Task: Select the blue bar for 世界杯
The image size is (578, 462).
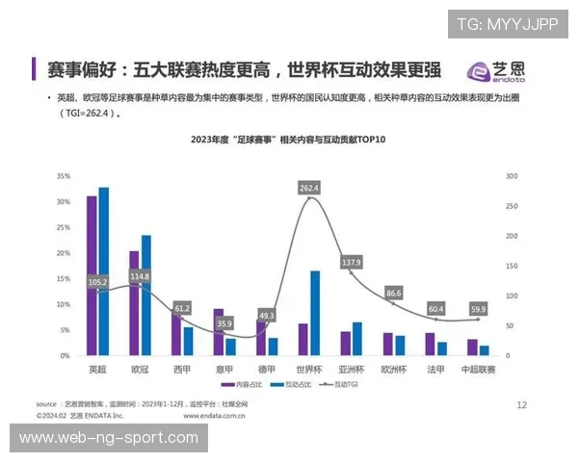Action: pos(315,313)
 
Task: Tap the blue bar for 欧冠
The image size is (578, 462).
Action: pos(146,295)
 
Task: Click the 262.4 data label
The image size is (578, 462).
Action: pos(309,188)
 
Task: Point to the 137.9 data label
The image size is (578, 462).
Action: pos(352,263)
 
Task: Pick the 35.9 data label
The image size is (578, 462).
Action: pos(224,324)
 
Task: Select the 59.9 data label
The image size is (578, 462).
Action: pos(479,309)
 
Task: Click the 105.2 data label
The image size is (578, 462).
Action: pos(97,282)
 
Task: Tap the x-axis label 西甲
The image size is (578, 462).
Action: pos(182,370)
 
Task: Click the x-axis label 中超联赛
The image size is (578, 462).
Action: pos(479,370)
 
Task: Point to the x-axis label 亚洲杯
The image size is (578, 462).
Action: pos(351,370)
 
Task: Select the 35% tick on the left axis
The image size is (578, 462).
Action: pos(64,177)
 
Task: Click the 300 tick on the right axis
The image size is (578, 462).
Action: pos(512,177)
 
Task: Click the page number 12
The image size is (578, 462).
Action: pos(521,405)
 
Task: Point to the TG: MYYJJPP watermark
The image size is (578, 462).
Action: pos(507,24)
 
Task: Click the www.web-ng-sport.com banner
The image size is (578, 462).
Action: pos(109,438)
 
